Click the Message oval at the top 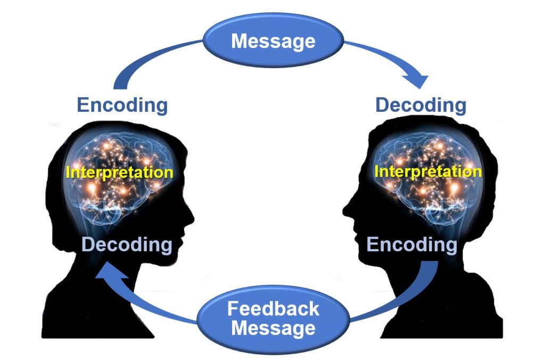click(273, 40)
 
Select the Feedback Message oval click(273, 318)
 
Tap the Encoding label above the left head click(122, 105)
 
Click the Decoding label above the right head click(420, 105)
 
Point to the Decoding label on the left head click(127, 245)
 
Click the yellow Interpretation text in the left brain click(119, 173)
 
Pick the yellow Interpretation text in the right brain click(428, 171)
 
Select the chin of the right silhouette click(361, 255)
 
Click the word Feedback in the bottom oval click(273, 309)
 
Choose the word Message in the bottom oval click(273, 328)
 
